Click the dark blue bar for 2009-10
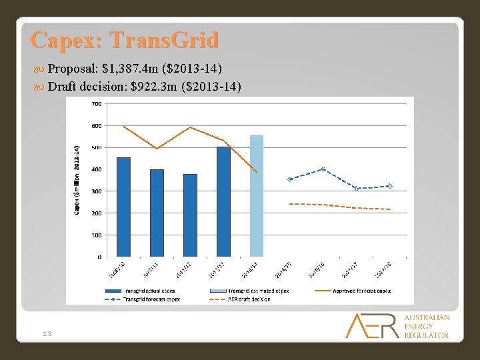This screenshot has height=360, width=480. click(123, 207)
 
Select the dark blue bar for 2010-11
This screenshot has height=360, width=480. click(157, 213)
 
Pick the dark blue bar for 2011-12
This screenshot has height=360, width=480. click(190, 215)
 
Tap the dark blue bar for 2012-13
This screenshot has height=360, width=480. click(223, 201)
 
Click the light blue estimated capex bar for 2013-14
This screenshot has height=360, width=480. click(257, 195)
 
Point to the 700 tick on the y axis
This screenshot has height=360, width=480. click(96, 104)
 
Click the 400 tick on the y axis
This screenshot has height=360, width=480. click(96, 169)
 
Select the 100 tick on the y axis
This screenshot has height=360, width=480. click(96, 235)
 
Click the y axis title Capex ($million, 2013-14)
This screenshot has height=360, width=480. click(77, 180)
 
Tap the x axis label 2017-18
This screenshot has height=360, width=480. click(383, 270)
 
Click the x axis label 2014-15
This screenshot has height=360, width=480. click(283, 270)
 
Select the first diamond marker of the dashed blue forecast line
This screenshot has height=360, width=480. click(289, 179)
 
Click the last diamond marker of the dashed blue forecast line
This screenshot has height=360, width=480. click(389, 186)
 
